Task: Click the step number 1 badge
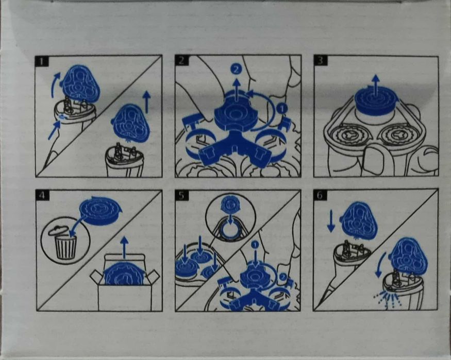point(42,61)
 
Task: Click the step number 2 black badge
point(181,61)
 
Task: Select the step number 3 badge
point(320,61)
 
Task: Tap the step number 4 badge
point(42,195)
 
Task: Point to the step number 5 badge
point(181,195)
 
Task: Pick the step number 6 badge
point(320,195)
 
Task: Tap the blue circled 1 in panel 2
point(282,109)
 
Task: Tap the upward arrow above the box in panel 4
point(124,247)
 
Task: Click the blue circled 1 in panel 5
point(255,244)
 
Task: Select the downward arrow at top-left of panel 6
point(331,220)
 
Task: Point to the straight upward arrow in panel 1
point(147,102)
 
